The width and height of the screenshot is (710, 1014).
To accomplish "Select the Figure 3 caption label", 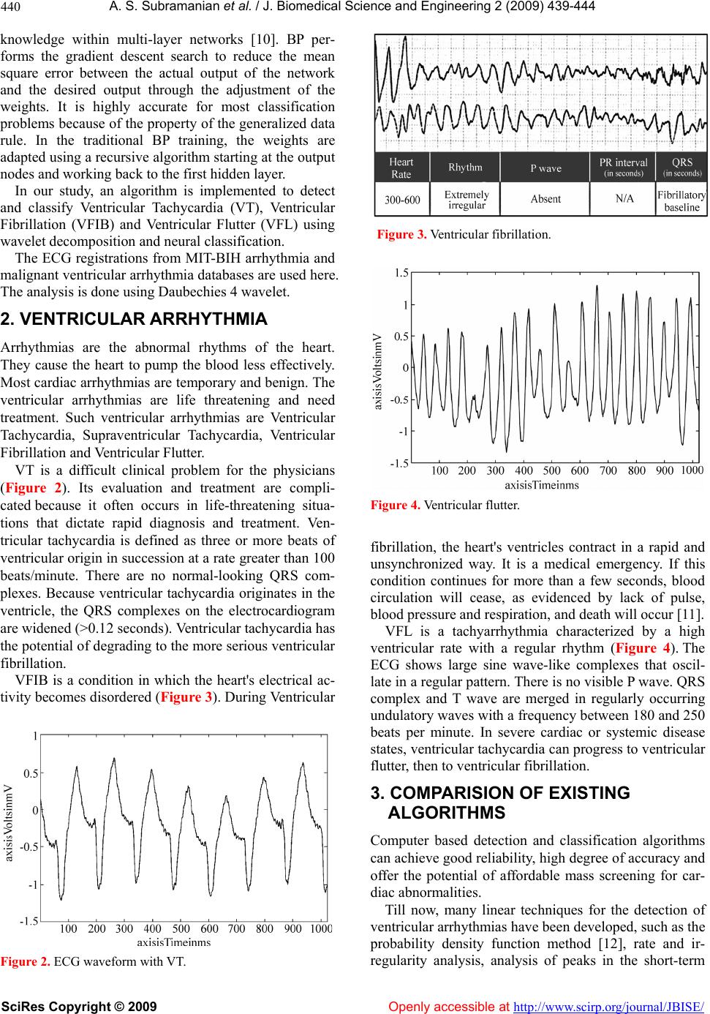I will [401, 235].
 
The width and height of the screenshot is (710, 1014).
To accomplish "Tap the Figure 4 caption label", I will [395, 505].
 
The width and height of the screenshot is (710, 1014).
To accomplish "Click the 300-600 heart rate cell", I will [401, 198].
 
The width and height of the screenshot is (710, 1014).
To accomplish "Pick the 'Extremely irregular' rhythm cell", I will [467, 199].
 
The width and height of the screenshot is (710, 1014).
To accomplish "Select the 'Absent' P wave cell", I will [545, 199].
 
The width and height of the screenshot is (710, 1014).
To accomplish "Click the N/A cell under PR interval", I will [624, 199].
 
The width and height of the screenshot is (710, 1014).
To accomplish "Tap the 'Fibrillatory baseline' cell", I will [681, 200].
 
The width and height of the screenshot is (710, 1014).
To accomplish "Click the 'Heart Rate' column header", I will [401, 168].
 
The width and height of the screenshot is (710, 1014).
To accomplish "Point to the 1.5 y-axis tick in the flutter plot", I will [401, 273].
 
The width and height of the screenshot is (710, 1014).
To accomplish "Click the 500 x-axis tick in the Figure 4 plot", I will [551, 470].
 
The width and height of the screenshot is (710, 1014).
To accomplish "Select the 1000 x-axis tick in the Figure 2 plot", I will [320, 928].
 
